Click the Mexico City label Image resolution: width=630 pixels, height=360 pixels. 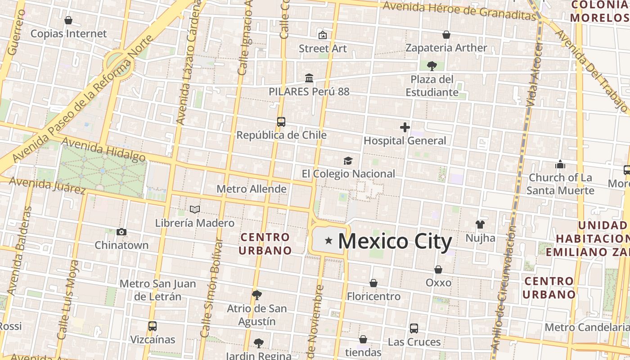[x=395, y=242]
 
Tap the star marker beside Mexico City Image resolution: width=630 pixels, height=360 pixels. [x=329, y=241]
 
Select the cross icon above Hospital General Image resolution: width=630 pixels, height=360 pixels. [x=405, y=127]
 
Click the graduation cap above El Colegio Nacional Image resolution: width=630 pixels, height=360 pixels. [x=348, y=161]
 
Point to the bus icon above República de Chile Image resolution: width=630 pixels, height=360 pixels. [x=281, y=122]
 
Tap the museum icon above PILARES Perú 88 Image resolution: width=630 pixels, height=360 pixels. [x=309, y=78]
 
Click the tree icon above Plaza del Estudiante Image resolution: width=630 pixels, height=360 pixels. [x=432, y=66]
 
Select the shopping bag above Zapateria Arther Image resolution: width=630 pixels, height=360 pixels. [x=446, y=35]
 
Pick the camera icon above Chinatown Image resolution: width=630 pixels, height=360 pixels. [x=121, y=232]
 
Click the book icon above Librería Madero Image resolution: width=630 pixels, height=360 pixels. [x=194, y=209]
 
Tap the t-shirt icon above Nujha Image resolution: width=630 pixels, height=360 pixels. [x=480, y=225]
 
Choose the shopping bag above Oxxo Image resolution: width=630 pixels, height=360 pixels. [x=438, y=270]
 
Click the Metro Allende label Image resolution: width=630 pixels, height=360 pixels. [x=252, y=189]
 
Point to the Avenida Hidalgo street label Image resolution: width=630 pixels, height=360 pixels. [x=103, y=149]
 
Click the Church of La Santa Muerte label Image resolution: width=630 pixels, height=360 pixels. [x=560, y=184]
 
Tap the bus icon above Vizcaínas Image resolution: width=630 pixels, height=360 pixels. [x=153, y=326]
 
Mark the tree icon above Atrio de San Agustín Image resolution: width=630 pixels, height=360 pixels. [x=257, y=295]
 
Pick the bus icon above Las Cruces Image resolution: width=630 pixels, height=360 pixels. [x=414, y=328]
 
